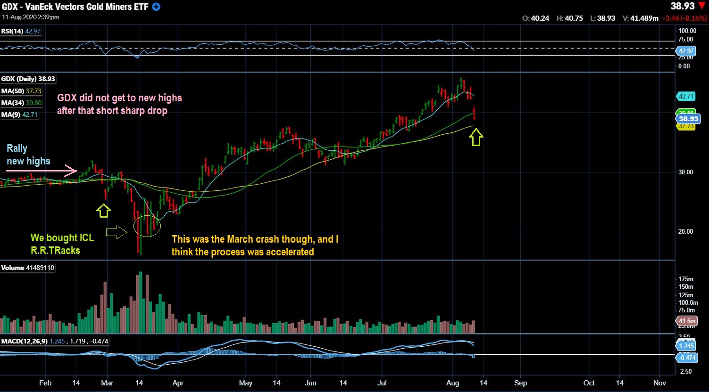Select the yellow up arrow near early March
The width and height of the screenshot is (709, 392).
104,210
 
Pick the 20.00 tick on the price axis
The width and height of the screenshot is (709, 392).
685,231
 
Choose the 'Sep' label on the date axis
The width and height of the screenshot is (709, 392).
520,383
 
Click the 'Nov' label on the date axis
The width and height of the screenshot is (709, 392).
659,383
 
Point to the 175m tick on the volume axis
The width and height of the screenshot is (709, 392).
685,279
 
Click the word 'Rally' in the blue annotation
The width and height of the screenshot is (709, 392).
17,148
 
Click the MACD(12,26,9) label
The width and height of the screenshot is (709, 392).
24,341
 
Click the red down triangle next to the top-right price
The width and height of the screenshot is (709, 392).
702,7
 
